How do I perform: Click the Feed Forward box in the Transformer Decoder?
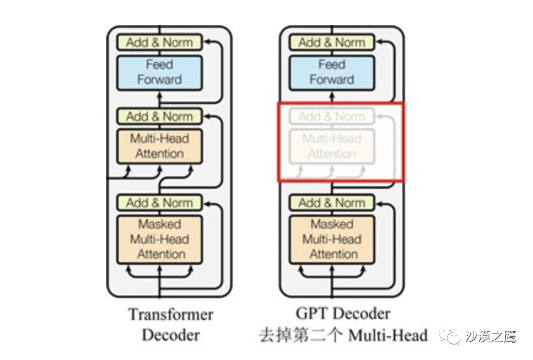[159, 72]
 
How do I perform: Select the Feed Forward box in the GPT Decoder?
[332, 72]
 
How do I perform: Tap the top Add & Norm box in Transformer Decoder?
[159, 42]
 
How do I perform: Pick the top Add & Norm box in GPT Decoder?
[332, 42]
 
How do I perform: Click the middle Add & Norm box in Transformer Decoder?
[159, 116]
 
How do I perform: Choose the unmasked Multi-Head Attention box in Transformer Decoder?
[159, 146]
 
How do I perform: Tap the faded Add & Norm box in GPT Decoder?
[332, 116]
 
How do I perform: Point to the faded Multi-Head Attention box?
[332, 146]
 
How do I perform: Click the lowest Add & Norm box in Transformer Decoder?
[159, 203]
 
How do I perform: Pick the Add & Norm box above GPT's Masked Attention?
[332, 203]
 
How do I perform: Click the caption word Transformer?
[171, 315]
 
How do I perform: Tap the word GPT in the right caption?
[311, 313]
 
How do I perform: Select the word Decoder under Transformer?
[171, 335]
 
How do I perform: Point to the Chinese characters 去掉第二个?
[297, 335]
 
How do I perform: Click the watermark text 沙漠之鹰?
[491, 336]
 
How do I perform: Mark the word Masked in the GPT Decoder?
[332, 224]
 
